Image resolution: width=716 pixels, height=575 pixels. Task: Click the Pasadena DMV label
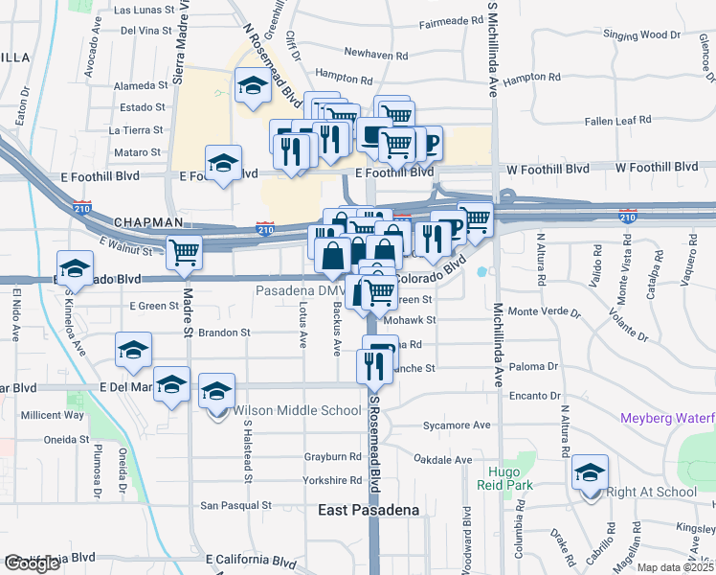300,290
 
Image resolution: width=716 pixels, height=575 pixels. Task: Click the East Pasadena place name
369,511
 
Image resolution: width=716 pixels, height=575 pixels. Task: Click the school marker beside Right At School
591,472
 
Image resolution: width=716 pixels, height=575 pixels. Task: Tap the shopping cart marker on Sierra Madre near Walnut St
184,253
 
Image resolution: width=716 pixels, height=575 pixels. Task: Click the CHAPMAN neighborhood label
148,221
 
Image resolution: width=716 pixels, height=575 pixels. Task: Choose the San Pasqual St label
235,505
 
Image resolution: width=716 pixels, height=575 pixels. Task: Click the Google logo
33,563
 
